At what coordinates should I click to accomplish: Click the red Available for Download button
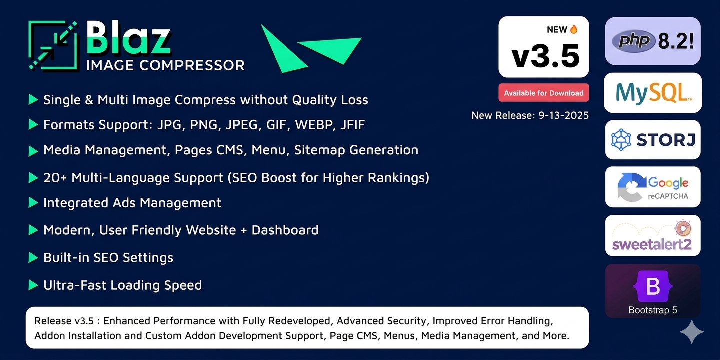(x=544, y=93)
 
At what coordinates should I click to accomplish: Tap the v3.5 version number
(x=546, y=56)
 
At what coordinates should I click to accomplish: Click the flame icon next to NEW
(x=574, y=29)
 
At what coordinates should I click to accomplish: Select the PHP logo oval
(x=633, y=41)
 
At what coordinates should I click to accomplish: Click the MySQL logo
(x=653, y=93)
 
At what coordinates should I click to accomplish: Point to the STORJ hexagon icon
(x=621, y=140)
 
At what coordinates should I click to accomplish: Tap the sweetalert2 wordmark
(x=652, y=244)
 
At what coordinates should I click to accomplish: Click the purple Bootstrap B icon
(x=653, y=286)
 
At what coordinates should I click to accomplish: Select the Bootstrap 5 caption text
(x=653, y=310)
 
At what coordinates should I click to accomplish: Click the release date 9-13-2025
(x=564, y=115)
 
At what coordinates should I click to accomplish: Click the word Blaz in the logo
(x=128, y=38)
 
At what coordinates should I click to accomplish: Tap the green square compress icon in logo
(x=53, y=45)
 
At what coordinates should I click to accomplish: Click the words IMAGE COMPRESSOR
(x=165, y=65)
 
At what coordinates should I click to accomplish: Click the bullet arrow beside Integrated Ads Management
(x=33, y=203)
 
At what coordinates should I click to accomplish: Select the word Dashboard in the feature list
(x=285, y=230)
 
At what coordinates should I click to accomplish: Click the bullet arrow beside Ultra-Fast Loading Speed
(x=33, y=285)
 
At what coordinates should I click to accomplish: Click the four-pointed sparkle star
(x=691, y=332)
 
